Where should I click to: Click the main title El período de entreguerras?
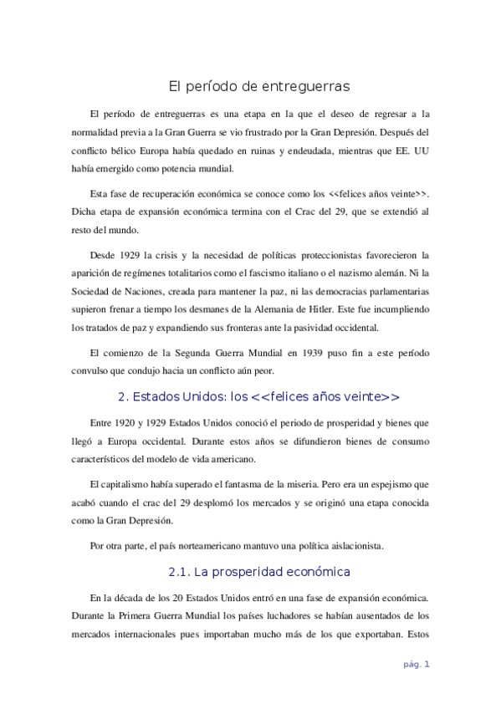pyautogui.click(x=258, y=86)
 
